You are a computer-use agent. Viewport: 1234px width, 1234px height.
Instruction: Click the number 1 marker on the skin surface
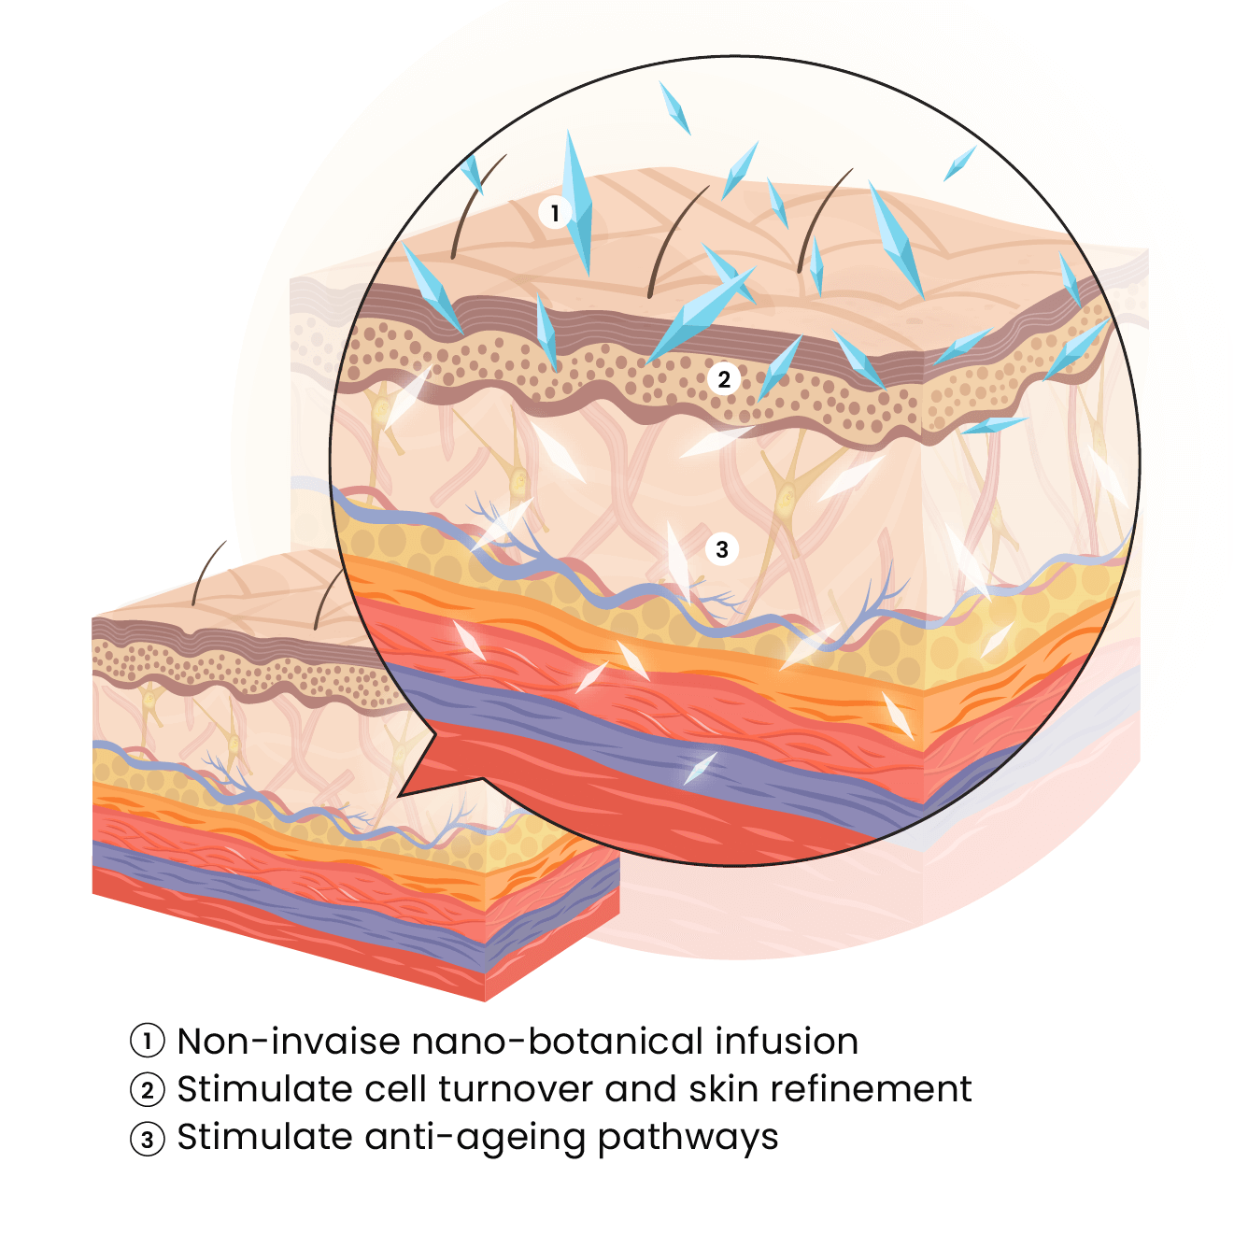pyautogui.click(x=555, y=213)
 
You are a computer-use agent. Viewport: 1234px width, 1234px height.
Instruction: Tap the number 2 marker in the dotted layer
pyautogui.click(x=724, y=379)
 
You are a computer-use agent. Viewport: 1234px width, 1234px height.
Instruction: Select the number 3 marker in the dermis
pyautogui.click(x=722, y=549)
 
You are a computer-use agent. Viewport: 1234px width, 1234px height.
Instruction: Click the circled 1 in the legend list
pyautogui.click(x=148, y=1041)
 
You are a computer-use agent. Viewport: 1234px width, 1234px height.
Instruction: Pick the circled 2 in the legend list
pyautogui.click(x=148, y=1089)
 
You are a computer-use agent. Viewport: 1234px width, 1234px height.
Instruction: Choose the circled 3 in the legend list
pyautogui.click(x=148, y=1139)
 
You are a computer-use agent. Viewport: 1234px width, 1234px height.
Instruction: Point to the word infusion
pyautogui.click(x=787, y=1041)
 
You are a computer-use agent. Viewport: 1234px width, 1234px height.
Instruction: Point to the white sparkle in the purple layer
pyautogui.click(x=699, y=768)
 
